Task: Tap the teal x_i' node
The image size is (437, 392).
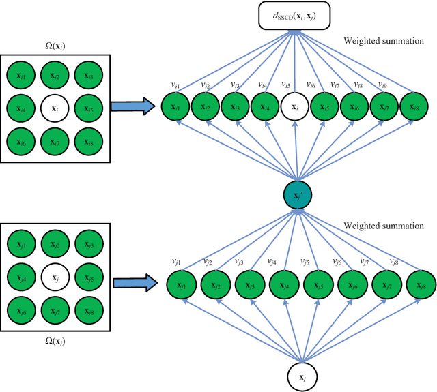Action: click(296, 196)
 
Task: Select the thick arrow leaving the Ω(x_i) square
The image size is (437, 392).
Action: click(129, 106)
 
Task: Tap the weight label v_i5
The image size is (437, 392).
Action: click(287, 85)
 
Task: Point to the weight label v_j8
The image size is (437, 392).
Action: click(394, 260)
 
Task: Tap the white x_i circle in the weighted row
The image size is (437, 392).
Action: click(295, 106)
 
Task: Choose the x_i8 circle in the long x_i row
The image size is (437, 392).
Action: click(412, 106)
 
